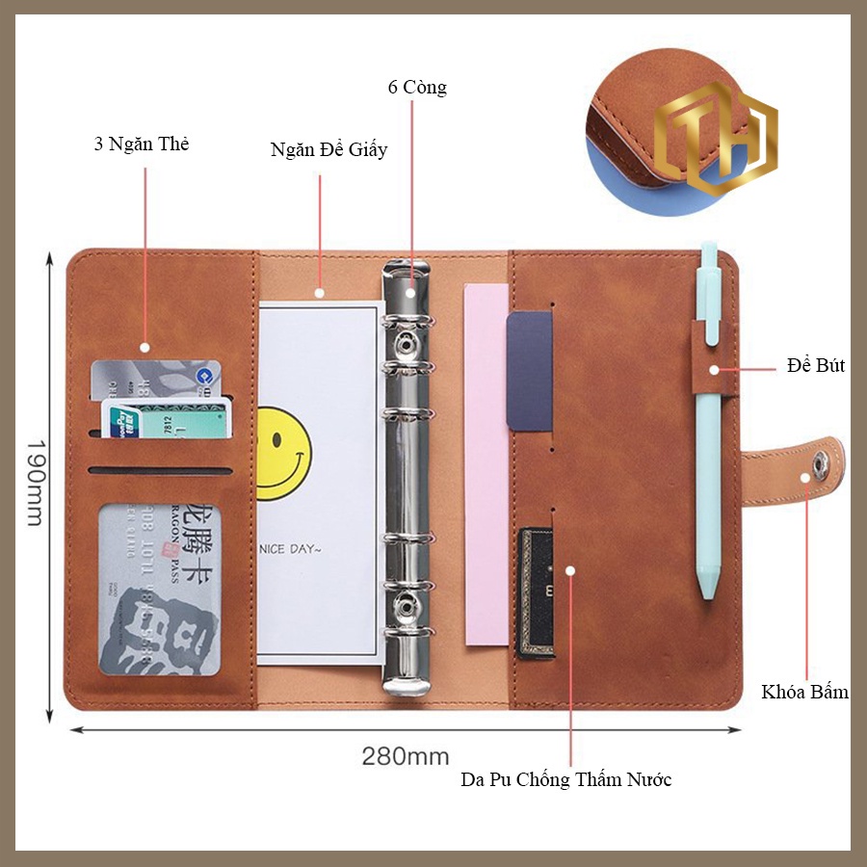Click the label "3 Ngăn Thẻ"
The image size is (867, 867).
tap(142, 145)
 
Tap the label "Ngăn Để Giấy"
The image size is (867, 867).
tap(328, 150)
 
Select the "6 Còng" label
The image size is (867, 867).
tap(417, 88)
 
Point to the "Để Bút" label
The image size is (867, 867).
tap(815, 366)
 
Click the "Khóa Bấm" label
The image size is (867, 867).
tap(804, 692)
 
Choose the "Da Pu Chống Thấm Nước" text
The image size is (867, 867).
tap(565, 779)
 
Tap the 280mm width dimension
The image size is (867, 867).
tap(406, 755)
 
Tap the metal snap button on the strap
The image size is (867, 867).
tap(821, 465)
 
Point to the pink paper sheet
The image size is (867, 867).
tap(486, 462)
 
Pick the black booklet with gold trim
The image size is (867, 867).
tap(537, 592)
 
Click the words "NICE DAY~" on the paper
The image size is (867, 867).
tap(290, 548)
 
